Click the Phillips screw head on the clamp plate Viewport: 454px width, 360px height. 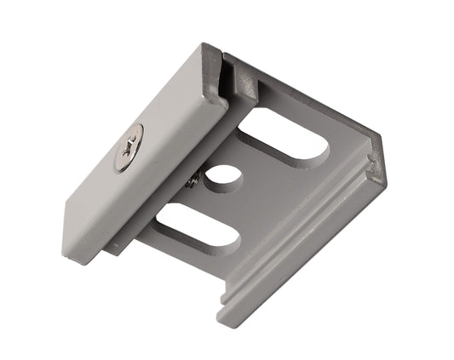click(x=129, y=147)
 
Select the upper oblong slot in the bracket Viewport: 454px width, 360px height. click(x=285, y=140)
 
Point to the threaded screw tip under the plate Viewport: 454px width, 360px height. click(x=194, y=180)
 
